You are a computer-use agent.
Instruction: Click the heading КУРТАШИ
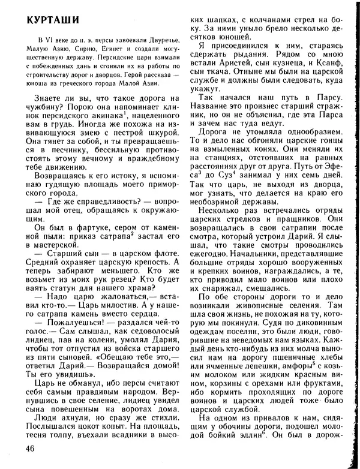tap(49, 19)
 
